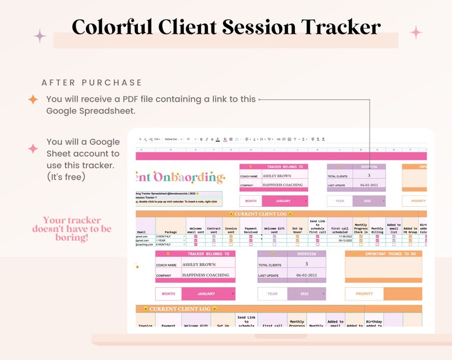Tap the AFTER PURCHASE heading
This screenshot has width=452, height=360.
click(92, 83)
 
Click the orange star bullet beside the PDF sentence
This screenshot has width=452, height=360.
click(33, 100)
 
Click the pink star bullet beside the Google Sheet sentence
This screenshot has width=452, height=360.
click(33, 149)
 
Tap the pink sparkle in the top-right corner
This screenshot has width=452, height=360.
click(416, 32)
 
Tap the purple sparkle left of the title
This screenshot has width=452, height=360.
click(39, 36)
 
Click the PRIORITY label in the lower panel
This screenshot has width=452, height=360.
click(364, 294)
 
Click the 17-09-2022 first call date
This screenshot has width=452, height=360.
click(340, 236)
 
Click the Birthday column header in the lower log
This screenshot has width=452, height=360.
click(374, 324)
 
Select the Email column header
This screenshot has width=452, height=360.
click(142, 232)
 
